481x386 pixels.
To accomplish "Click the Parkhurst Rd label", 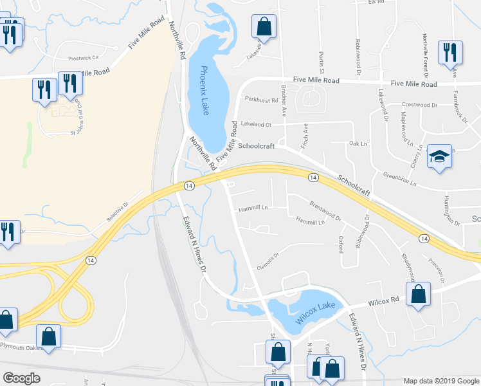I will pyautogui.click(x=261, y=100).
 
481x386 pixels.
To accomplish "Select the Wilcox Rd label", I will pyautogui.click(x=384, y=299).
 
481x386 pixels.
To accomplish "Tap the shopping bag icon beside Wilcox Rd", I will pyautogui.click(x=418, y=294).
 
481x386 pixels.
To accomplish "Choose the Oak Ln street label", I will pyautogui.click(x=357, y=143).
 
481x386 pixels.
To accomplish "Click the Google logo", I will pyautogui.click(x=21, y=378).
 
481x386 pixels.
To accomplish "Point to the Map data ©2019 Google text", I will pyautogui.click(x=441, y=381).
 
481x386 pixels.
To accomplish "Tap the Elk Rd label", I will pyautogui.click(x=376, y=3).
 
